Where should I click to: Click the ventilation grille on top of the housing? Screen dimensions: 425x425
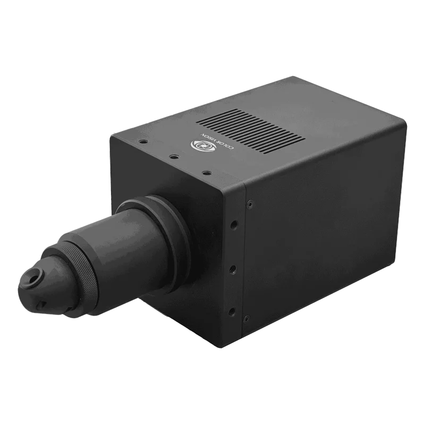(x=251, y=132)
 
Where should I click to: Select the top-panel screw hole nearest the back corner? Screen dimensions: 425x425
(x=143, y=141)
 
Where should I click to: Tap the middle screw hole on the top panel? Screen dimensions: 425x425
(x=173, y=156)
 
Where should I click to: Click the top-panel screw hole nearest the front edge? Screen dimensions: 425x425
(x=207, y=172)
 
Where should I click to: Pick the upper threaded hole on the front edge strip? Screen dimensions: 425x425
(x=234, y=224)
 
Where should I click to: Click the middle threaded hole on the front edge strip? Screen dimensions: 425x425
(x=233, y=269)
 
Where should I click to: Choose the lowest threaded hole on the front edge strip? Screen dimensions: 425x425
(x=232, y=312)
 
